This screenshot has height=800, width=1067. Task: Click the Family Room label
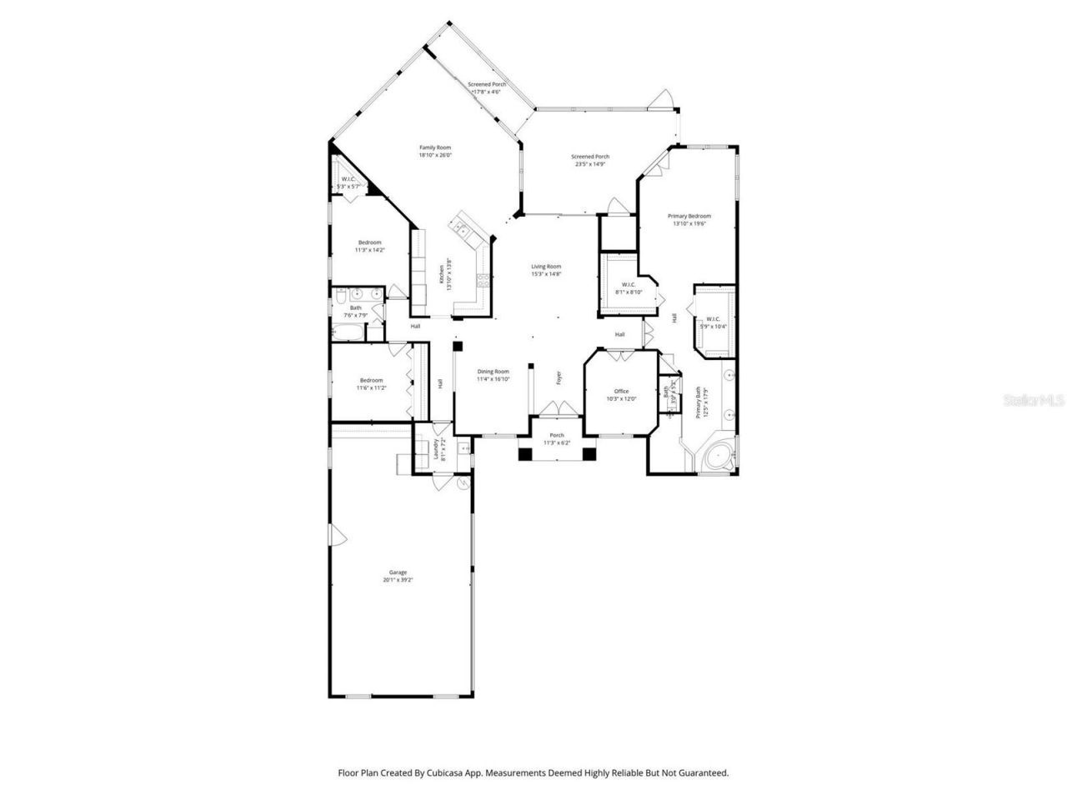click(434, 147)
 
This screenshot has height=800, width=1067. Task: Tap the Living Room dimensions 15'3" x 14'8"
click(547, 274)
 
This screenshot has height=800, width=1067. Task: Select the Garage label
click(398, 572)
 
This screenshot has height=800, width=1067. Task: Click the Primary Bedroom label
click(689, 216)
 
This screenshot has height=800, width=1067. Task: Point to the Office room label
click(621, 391)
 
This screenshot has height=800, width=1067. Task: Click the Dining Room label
click(493, 372)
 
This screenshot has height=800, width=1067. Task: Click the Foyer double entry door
click(556, 409)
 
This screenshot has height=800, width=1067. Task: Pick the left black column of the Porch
click(525, 454)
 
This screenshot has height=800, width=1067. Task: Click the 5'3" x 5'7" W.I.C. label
click(348, 179)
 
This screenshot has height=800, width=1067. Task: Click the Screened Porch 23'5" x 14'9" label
click(589, 157)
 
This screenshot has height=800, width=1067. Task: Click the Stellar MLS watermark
click(1033, 400)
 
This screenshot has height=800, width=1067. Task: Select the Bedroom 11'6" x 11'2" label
click(371, 380)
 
